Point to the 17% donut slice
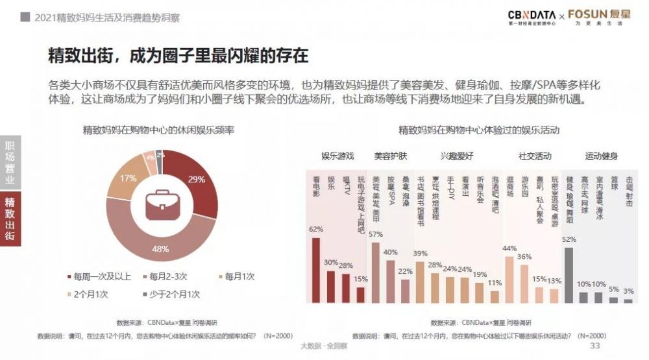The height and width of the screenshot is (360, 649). click(x=123, y=181)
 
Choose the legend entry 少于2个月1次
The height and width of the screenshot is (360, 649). click(x=169, y=293)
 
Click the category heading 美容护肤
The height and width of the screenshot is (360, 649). click(x=390, y=156)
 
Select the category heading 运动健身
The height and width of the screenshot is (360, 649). click(x=601, y=156)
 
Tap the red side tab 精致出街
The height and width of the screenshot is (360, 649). click(x=10, y=219)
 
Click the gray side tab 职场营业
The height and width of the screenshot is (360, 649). click(x=10, y=162)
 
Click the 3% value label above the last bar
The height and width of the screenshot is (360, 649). click(x=628, y=291)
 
